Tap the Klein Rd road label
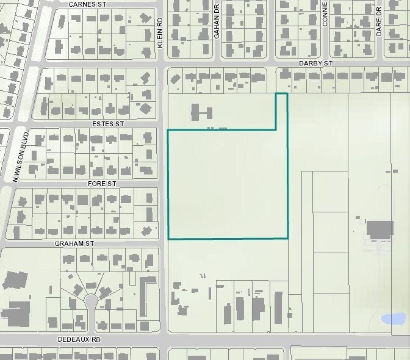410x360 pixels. [x=160, y=33]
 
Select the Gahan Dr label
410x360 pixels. [x=217, y=27]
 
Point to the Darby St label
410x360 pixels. [x=315, y=63]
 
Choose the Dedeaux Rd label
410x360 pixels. [x=79, y=339]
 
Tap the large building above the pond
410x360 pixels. [x=379, y=231]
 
